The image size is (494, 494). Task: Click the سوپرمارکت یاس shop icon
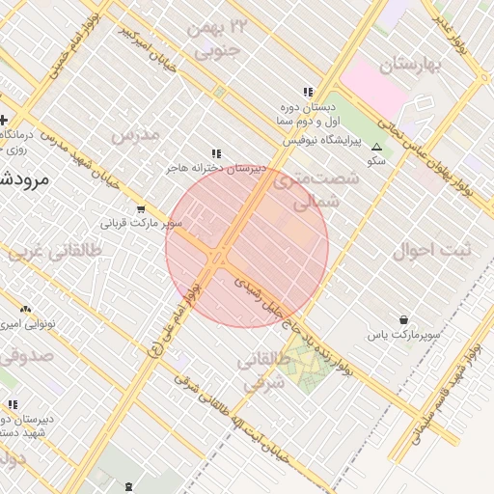[x=402, y=319]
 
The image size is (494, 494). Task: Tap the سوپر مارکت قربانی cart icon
[x=141, y=208]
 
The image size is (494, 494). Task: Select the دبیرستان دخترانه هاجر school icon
[x=217, y=153]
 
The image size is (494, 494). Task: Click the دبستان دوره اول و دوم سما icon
[x=308, y=93]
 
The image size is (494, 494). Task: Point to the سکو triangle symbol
[x=377, y=147]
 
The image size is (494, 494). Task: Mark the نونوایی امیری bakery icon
[x=24, y=308]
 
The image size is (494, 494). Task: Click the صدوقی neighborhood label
[x=29, y=355]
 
